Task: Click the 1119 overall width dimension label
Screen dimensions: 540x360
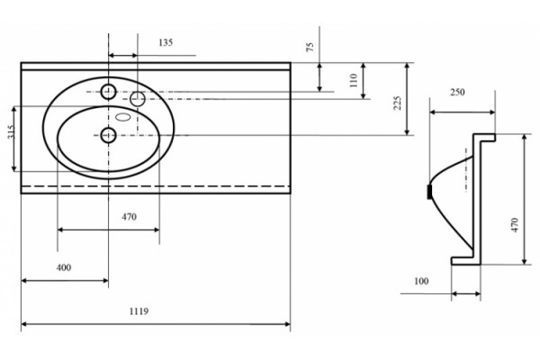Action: (139, 311)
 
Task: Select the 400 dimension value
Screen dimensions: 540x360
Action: (64, 267)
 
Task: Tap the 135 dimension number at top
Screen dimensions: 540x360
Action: (166, 42)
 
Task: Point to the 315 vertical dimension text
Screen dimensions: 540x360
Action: (11, 131)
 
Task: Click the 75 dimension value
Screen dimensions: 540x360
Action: (310, 47)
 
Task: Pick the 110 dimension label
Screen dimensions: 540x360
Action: (354, 80)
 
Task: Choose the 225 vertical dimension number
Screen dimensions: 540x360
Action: (397, 103)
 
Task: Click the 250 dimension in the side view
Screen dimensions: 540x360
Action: (457, 92)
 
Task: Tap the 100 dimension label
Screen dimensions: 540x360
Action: (421, 281)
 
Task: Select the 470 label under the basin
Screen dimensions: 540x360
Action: (129, 217)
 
